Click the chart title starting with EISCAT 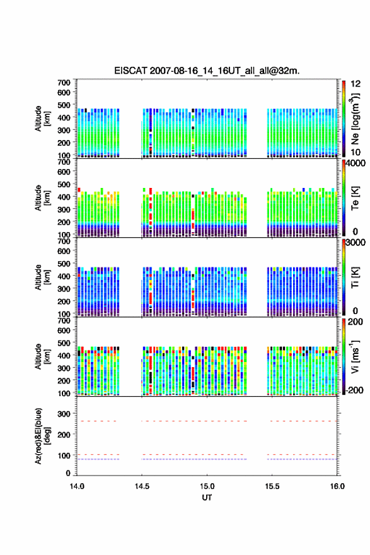point(207,71)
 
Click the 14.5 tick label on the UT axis point(142,486)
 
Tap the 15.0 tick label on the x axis point(207,486)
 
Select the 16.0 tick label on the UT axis point(337,486)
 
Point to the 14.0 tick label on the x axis point(77,486)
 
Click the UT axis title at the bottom point(207,498)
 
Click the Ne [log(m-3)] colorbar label point(355,119)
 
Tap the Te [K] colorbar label point(355,198)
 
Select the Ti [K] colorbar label point(355,277)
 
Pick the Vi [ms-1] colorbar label point(355,357)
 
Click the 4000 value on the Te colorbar point(356,163)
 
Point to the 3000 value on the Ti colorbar point(356,243)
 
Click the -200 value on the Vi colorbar point(355,390)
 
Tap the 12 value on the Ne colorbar point(356,84)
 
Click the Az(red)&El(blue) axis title point(42,436)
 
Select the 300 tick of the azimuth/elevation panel point(64,414)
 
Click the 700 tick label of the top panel point(64,83)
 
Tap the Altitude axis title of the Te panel point(42,198)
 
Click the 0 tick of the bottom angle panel point(68,473)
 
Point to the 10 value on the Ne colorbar point(356,152)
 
